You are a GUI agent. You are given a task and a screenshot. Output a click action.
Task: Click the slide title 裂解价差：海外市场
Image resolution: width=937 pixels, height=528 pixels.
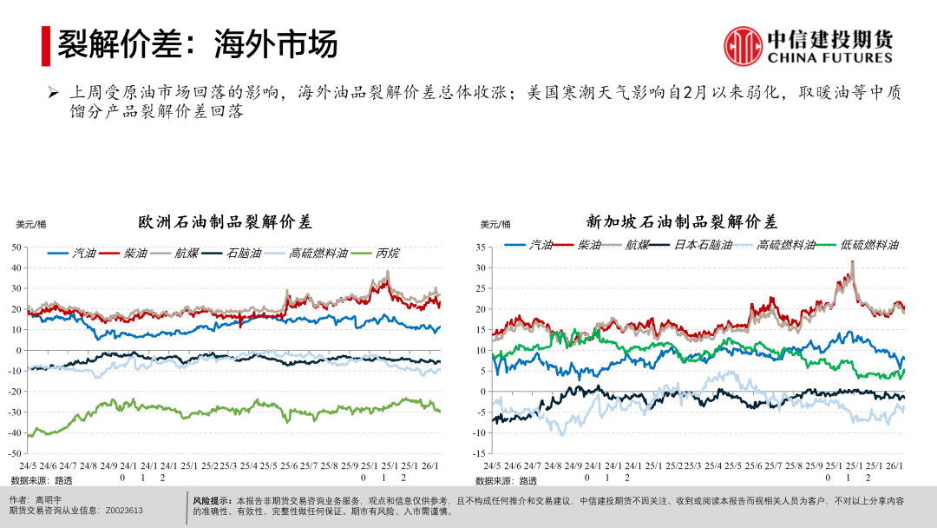pos(197,44)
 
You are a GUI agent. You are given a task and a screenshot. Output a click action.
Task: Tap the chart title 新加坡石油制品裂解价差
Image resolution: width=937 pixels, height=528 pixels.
pos(682,222)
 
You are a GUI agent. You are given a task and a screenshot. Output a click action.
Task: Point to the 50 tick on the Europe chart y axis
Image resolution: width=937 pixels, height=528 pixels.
pos(16,247)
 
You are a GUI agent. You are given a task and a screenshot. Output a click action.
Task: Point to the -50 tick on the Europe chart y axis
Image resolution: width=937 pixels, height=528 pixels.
pos(15,453)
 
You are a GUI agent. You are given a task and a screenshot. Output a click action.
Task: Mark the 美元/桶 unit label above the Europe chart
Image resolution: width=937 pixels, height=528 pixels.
pos(31,225)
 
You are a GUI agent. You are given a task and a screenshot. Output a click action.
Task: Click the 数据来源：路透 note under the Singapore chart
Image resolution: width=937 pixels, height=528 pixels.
pos(507,480)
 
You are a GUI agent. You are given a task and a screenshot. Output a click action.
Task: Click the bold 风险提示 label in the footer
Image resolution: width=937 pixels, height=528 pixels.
pos(212,501)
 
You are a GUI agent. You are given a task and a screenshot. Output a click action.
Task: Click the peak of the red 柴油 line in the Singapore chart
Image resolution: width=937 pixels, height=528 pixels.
pos(853,261)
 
